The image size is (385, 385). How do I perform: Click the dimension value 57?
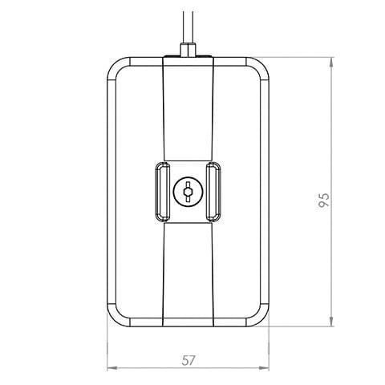(x=188, y=360)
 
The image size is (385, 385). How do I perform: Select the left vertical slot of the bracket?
(x=162, y=192)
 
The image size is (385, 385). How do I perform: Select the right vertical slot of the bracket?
(x=214, y=192)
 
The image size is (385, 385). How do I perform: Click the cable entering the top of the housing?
(x=188, y=24)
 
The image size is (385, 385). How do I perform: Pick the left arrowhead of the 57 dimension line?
(x=111, y=369)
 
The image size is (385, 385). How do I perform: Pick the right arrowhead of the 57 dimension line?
(x=265, y=369)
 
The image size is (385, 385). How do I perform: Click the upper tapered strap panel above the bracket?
(x=188, y=112)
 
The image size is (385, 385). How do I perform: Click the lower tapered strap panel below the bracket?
(x=188, y=273)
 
